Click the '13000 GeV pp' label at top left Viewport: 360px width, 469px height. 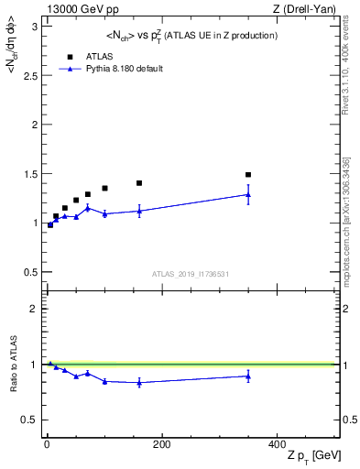pyautogui.click(x=75, y=9)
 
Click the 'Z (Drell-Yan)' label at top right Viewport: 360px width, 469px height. pyautogui.click(x=310, y=9)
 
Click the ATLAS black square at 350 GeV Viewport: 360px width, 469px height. pyautogui.click(x=248, y=174)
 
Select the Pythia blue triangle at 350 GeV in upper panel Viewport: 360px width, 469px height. pyautogui.click(x=248, y=194)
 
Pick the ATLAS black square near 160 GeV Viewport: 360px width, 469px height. pyautogui.click(x=139, y=183)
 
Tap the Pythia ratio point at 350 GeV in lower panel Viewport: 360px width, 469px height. pyautogui.click(x=248, y=376)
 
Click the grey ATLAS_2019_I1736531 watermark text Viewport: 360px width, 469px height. pyautogui.click(x=190, y=274)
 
